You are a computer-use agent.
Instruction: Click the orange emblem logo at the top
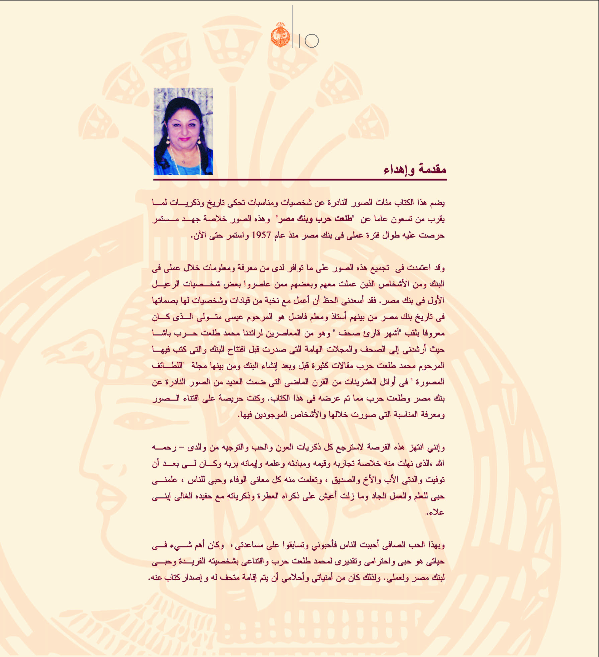pos(280,35)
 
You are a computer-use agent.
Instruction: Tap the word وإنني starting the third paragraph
pos(436,447)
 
